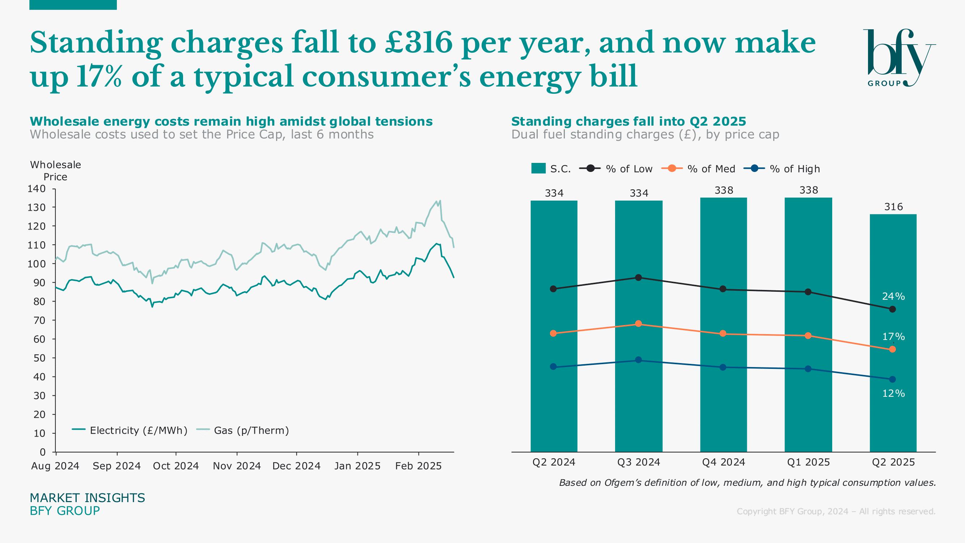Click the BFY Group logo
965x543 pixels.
point(899,58)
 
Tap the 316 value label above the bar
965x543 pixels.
point(893,207)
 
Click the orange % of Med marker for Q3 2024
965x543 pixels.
point(638,324)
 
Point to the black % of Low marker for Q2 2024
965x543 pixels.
point(553,289)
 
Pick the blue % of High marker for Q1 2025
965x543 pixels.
point(808,369)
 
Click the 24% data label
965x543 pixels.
point(893,296)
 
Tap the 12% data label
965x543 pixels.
point(893,393)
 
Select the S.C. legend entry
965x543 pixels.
point(551,169)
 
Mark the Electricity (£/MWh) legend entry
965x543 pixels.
point(130,430)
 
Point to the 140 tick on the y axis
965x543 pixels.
point(36,189)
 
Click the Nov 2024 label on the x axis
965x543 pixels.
point(237,466)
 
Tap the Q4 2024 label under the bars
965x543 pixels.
point(723,462)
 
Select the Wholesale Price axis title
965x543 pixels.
point(55,171)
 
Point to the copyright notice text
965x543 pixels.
point(836,511)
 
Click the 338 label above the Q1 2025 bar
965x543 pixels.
point(808,190)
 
